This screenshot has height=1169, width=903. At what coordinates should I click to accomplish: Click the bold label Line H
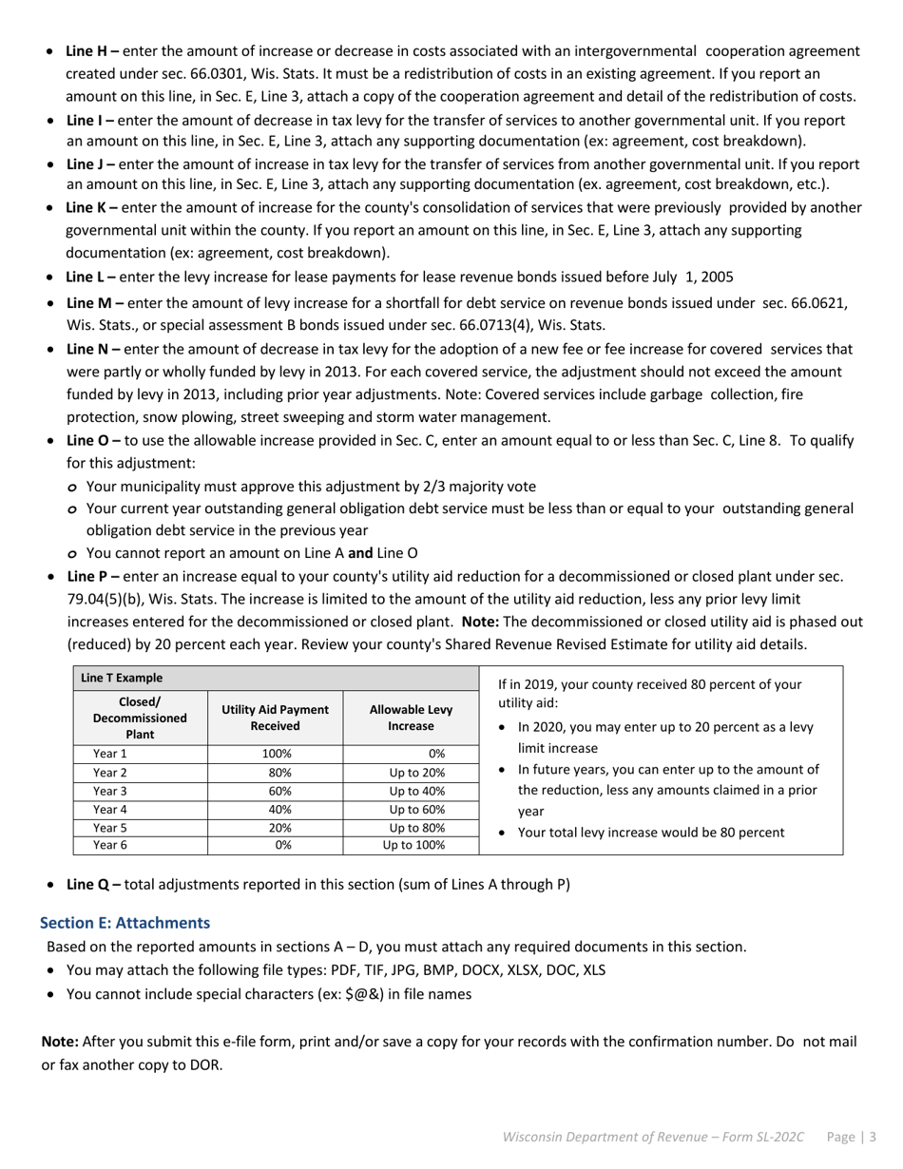coord(92,51)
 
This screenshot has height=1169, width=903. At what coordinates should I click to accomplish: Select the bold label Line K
coord(91,207)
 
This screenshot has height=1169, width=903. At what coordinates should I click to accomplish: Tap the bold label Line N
coord(92,349)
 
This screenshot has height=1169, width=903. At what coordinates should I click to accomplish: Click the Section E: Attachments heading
coord(125,923)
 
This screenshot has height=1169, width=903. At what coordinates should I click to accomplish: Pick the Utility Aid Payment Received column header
coord(275,718)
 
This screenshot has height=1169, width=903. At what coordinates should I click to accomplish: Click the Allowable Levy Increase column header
coord(411,718)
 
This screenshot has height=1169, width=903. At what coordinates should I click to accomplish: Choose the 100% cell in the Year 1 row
coord(276,754)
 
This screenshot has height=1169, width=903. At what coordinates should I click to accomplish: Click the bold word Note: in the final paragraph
coord(60,1042)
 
